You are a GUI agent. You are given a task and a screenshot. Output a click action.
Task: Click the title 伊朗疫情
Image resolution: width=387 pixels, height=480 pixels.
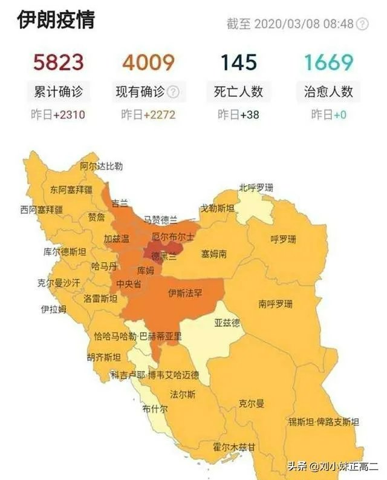tap(56, 20)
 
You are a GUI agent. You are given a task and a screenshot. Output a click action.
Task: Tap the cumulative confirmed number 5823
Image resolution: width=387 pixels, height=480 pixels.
tap(58, 62)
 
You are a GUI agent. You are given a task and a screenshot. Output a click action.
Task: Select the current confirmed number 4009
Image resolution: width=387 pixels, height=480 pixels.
tap(148, 62)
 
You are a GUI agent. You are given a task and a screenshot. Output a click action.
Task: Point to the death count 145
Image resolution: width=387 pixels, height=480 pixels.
tap(238, 62)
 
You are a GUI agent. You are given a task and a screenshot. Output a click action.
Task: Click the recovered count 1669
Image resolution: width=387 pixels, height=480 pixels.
tap(328, 62)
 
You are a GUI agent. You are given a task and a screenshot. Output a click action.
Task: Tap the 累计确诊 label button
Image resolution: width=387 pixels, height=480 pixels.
tap(58, 92)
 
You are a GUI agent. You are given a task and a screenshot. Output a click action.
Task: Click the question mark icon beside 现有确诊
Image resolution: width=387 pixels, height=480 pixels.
tap(174, 92)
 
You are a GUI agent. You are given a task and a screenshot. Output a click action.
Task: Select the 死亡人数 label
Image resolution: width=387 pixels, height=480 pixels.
tap(239, 92)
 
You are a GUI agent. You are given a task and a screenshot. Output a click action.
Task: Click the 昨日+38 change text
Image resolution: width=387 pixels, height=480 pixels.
tap(238, 114)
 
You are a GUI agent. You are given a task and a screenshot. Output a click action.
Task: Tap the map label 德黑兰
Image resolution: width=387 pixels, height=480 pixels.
tap(164, 256)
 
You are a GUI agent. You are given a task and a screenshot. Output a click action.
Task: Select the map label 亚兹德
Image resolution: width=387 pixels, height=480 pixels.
tap(227, 323)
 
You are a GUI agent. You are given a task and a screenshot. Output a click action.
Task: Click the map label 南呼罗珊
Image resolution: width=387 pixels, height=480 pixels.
tap(275, 303)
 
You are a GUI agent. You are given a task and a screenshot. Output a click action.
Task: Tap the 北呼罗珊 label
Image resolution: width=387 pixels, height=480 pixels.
tap(256, 188)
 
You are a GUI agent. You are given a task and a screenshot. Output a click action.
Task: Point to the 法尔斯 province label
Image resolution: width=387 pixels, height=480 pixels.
tap(183, 394)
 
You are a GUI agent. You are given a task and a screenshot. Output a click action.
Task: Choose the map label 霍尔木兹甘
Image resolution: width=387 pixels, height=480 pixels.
tap(234, 447)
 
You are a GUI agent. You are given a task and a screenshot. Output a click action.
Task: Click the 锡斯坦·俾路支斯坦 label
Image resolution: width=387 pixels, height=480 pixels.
tap(324, 421)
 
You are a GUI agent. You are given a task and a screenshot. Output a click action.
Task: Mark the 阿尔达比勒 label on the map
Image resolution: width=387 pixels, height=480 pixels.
tap(102, 166)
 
